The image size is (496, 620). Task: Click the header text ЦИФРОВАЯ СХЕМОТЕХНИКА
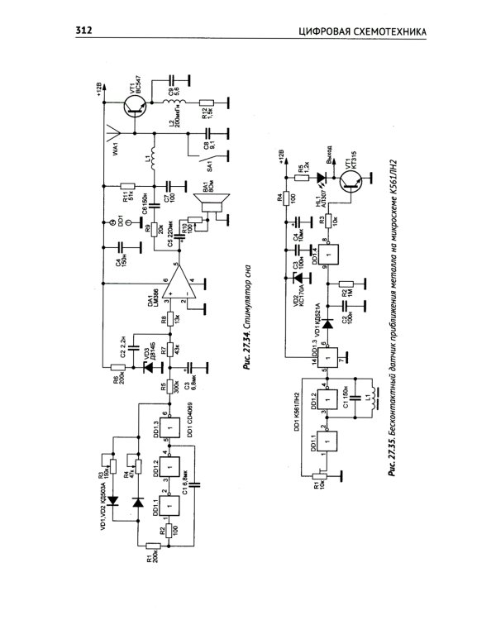[x=361, y=32]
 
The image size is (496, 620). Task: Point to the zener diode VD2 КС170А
[x=296, y=277]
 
